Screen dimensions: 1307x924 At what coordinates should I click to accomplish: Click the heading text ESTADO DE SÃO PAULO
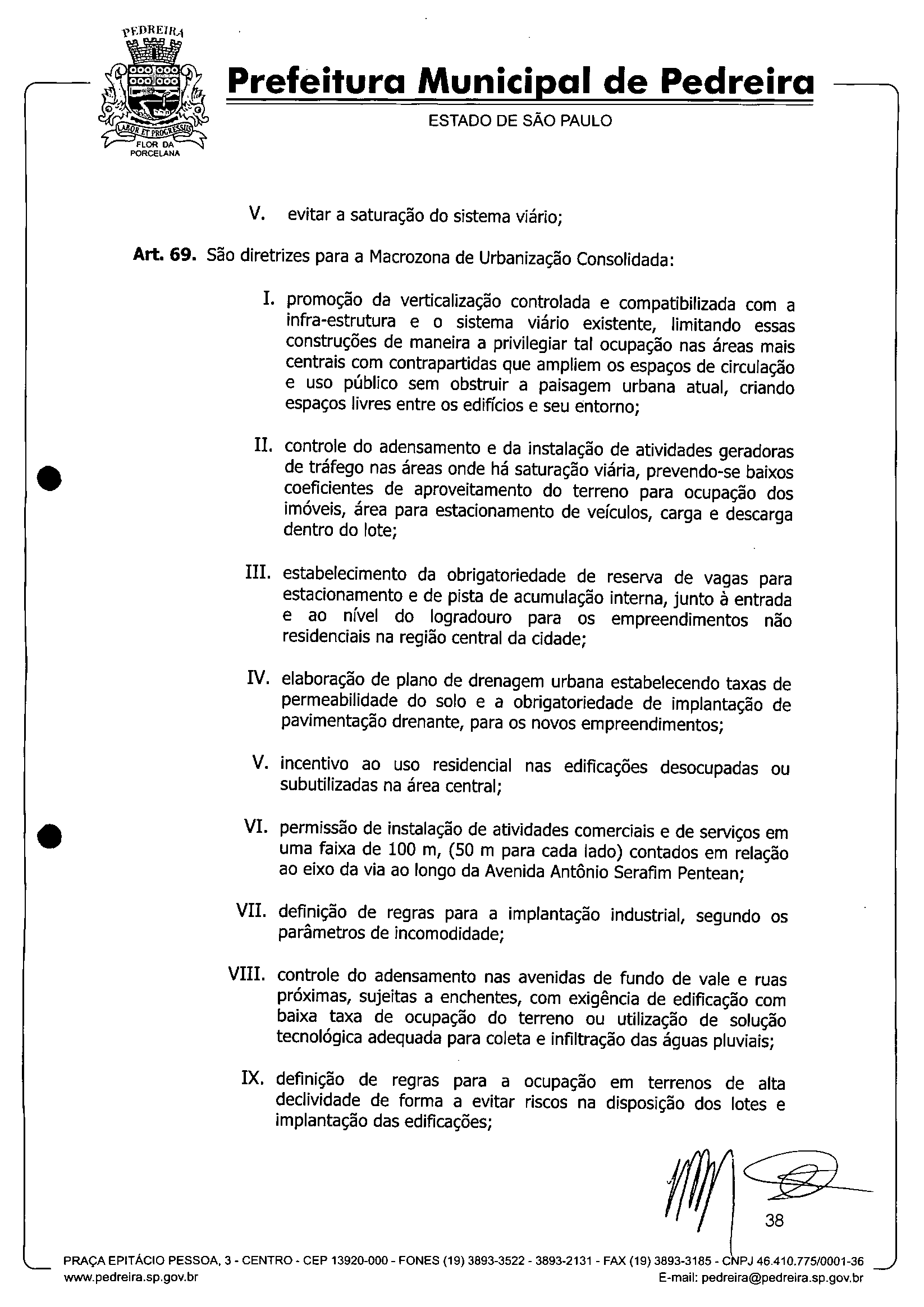(x=520, y=121)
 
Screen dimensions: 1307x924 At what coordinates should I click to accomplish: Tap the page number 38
(x=774, y=1220)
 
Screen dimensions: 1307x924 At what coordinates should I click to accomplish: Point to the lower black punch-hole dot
(x=50, y=836)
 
